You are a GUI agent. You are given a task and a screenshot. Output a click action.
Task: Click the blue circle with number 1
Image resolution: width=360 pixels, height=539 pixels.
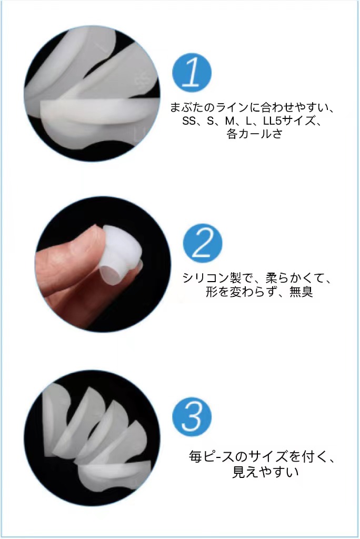pos(192,73)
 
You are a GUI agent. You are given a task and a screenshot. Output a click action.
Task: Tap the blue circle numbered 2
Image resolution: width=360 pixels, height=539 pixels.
pos(203,243)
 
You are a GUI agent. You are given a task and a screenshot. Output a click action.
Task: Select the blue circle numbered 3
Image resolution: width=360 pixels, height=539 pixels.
pos(192,417)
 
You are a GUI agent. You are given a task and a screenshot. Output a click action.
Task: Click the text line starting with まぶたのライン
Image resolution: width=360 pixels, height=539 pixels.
pos(252,108)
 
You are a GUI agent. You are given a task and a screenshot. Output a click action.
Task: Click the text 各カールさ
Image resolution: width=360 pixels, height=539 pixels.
pos(254,133)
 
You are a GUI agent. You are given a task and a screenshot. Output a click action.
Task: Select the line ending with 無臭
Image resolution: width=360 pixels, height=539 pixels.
pos(259,292)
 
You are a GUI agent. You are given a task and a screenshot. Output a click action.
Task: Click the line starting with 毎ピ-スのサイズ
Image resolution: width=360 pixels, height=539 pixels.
pos(262,457)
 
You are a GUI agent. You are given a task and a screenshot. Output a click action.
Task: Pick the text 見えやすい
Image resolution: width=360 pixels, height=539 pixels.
pos(265,472)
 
